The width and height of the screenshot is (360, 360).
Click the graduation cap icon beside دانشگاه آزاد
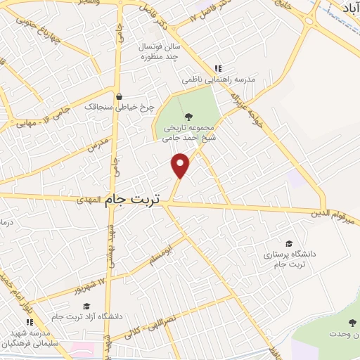[x=86, y=306]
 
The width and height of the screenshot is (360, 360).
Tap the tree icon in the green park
[x=187, y=117]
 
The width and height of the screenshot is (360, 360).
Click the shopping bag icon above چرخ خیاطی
[x=120, y=96]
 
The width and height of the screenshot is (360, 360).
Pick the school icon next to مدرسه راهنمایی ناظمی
[x=218, y=68]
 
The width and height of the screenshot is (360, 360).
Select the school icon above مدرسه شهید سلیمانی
[x=30, y=321]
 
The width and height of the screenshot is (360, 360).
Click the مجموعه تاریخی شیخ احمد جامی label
[x=187, y=133]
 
